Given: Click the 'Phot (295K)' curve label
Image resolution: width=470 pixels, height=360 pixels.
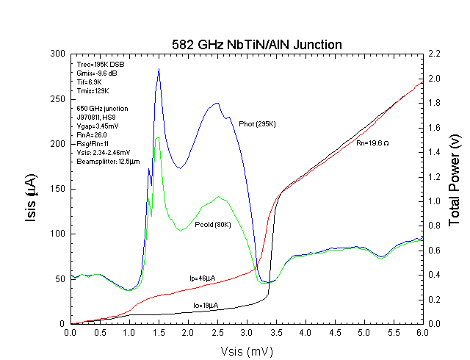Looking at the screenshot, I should [257, 123].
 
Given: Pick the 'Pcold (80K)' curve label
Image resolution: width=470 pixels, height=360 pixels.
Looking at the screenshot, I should [213, 224].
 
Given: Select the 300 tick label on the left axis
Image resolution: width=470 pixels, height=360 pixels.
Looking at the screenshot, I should [57, 54].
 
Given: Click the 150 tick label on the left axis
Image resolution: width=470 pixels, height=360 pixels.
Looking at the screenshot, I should [57, 189].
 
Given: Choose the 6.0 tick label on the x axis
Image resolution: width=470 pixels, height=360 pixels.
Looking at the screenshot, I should [422, 333].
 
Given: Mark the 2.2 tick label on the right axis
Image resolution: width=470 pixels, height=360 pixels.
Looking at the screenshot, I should [435, 54].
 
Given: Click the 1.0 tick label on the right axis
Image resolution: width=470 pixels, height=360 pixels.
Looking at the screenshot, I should [435, 201].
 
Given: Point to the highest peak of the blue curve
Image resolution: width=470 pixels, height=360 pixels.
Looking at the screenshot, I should [159, 69].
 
